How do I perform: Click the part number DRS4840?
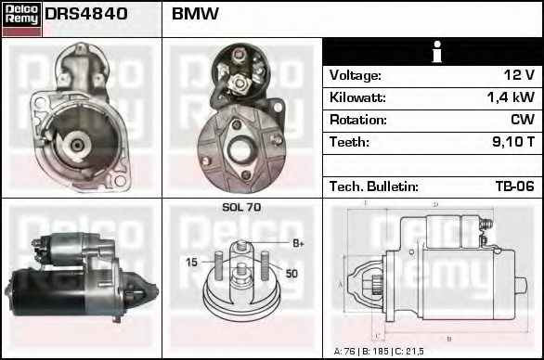pos(86,14)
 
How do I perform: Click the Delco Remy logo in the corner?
pos(21,19)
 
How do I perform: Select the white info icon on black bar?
pos(434,52)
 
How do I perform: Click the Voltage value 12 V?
pos(517,75)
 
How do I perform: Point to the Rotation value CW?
pos(522,120)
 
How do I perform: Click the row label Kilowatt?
pos(357,97)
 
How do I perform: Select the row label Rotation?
pos(356,120)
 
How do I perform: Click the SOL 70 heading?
pos(241,208)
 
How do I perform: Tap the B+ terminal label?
pos(298,243)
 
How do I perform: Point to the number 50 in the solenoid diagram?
pos(291,273)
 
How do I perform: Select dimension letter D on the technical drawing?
pos(434,204)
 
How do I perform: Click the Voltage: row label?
pos(355,75)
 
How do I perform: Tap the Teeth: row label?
pos(349,142)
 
